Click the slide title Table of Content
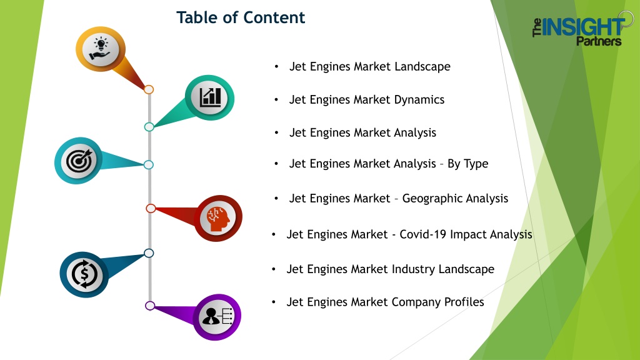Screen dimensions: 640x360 coord(241,17)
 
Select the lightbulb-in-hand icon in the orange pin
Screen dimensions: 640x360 coord(101,49)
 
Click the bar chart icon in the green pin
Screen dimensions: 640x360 coord(210,97)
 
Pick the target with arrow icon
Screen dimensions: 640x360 coord(79,161)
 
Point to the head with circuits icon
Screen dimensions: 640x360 coord(217,218)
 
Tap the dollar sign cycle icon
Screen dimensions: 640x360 coord(84,274)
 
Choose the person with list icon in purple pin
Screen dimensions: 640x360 coord(217,316)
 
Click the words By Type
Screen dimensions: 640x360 coord(467,164)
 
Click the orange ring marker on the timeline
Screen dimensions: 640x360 coord(149,89)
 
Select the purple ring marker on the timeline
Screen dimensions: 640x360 coord(150,306)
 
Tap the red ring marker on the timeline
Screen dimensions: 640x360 coord(151,208)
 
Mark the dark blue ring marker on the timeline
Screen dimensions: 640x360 coord(149,253)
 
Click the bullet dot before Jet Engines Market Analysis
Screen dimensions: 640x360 coord(276,133)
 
